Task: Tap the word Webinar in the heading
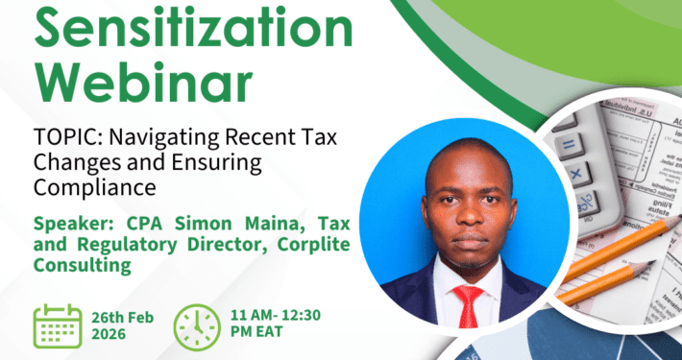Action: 143,82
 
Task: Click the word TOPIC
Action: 68,139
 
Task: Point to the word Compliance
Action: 95,189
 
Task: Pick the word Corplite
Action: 313,246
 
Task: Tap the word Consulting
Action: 83,265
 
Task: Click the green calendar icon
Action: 58,326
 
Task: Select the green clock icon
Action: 197,327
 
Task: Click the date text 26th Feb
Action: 122,318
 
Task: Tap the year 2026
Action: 109,334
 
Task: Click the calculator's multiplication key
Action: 576,174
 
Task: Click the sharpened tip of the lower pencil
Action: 655,261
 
